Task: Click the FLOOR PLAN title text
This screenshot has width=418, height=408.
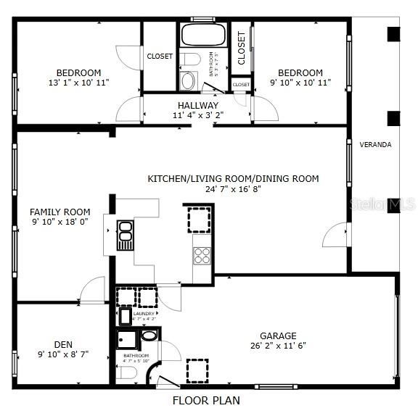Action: click(x=206, y=399)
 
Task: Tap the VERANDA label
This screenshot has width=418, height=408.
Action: click(x=375, y=145)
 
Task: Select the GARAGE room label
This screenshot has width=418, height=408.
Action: click(x=279, y=336)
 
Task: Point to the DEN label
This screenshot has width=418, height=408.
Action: click(x=63, y=345)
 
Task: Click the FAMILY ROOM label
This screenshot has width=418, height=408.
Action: click(x=60, y=212)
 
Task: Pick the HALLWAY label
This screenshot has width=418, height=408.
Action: click(x=198, y=106)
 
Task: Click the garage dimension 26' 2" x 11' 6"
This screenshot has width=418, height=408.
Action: click(x=279, y=346)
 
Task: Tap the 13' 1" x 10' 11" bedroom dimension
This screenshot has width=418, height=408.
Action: click(x=78, y=83)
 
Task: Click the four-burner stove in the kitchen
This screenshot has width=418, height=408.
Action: click(x=202, y=255)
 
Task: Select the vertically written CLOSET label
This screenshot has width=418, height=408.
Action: click(x=242, y=47)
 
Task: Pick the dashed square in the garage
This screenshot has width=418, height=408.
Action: click(x=197, y=370)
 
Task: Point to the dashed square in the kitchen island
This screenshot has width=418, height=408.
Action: click(x=200, y=219)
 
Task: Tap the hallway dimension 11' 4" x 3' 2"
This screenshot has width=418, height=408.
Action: click(x=198, y=115)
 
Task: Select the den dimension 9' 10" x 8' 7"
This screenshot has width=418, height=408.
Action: click(x=63, y=355)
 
